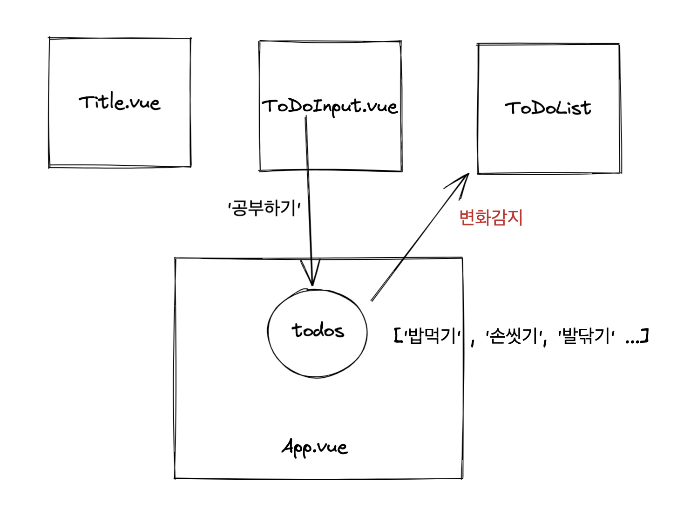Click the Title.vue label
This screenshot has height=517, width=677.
click(x=120, y=102)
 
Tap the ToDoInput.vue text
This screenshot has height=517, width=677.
click(x=330, y=107)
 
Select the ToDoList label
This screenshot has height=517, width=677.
click(x=548, y=108)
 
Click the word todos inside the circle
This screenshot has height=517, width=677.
click(x=318, y=330)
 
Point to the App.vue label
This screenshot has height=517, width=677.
click(x=315, y=447)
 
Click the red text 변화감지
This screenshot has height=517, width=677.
click(x=491, y=218)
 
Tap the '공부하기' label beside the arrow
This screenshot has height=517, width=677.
click(x=264, y=208)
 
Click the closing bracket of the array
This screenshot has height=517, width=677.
click(x=645, y=335)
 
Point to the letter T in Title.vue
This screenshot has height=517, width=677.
click(x=87, y=102)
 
